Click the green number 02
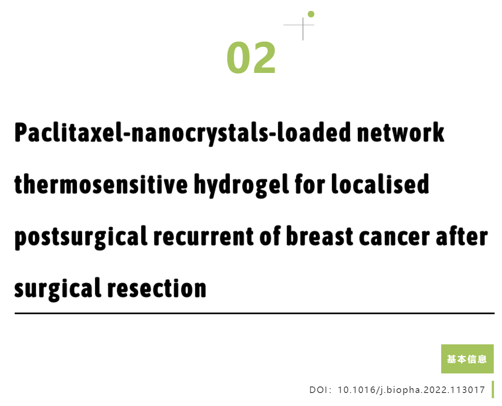click(x=251, y=58)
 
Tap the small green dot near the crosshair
click(x=311, y=14)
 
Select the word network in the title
click(x=400, y=132)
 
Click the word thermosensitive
click(x=101, y=184)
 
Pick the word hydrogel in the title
click(x=241, y=185)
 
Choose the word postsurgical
click(x=81, y=237)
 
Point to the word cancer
click(x=394, y=237)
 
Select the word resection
click(x=157, y=288)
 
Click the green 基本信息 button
click(x=467, y=359)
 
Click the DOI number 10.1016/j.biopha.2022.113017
click(x=411, y=390)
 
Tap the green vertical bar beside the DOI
click(x=493, y=389)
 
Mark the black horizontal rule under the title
click(x=254, y=313)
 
